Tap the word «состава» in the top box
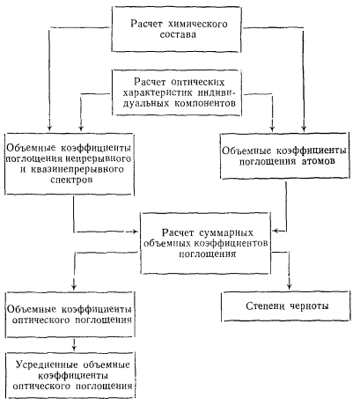point(178,34)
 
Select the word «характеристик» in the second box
point(158,92)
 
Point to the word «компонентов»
point(205,103)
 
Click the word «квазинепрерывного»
point(77,169)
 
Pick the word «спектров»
point(71,180)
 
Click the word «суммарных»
point(226,232)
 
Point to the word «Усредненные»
point(47,364)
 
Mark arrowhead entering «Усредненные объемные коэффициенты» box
point(74,347)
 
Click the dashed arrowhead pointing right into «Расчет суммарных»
point(135,232)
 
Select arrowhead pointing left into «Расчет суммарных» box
point(275,231)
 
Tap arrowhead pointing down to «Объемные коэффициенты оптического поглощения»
point(74,286)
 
